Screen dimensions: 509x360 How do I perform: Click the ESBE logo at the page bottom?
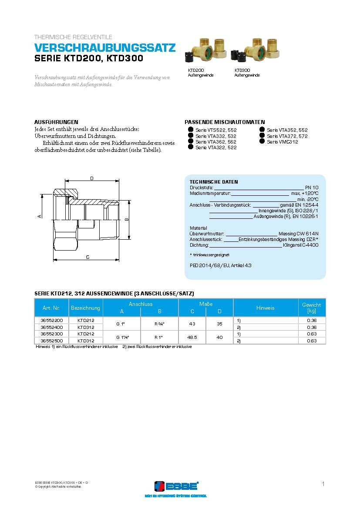176,486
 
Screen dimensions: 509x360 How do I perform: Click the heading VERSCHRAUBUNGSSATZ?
105,48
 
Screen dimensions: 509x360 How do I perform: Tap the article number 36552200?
51,320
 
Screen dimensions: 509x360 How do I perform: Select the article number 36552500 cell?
51,341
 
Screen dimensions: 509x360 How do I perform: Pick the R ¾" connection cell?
159,324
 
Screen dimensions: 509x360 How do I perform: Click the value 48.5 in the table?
192,337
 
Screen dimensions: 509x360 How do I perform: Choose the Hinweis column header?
265,308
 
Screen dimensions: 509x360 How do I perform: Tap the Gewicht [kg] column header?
311,308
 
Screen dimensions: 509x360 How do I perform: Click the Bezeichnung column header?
85,308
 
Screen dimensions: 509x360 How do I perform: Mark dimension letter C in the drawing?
87,257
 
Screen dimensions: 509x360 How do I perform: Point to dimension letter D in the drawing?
91,178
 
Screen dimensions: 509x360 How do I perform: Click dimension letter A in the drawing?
39,216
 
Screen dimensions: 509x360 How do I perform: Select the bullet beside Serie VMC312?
262,141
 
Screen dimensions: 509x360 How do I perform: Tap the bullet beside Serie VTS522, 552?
191,130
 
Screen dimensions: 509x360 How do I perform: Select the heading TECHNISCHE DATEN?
214,182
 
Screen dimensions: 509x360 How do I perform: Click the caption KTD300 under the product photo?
242,70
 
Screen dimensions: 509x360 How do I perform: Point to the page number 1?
323,484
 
